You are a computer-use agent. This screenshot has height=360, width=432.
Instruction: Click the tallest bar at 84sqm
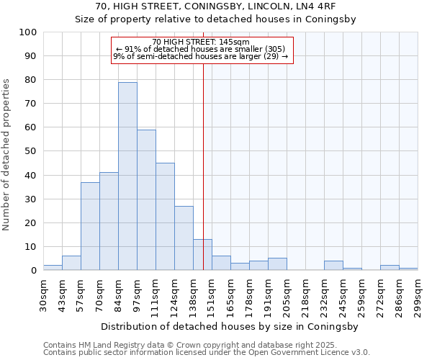tap(127, 176)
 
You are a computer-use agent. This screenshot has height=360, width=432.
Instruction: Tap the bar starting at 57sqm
tap(90, 226)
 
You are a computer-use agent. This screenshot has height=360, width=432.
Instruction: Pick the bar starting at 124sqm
tap(184, 238)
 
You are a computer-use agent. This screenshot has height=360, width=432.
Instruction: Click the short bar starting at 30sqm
tap(53, 268)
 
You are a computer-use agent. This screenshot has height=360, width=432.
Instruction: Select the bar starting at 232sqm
tap(333, 266)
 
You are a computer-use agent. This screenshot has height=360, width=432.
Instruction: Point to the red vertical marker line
tap(203, 166)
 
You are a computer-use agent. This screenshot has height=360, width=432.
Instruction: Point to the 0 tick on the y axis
tap(33, 271)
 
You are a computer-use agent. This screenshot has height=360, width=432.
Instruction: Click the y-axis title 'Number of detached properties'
tap(7, 155)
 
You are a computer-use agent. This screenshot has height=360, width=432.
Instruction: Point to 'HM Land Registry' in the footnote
tap(102, 345)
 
